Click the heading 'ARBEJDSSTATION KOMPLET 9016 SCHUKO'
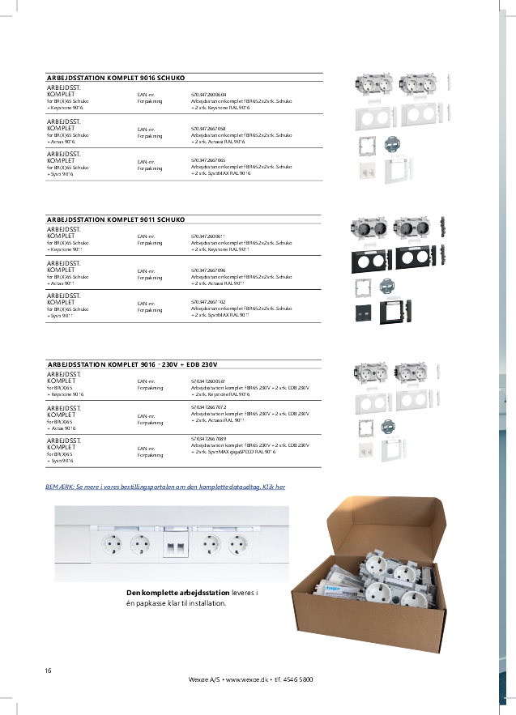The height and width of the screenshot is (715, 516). coord(117,78)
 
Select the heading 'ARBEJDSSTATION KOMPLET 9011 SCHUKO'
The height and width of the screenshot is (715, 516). coord(117,219)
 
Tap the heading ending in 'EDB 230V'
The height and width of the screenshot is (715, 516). coord(133,365)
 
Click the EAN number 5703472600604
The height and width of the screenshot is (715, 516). coord(208,95)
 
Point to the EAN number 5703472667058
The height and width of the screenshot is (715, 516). coord(208,128)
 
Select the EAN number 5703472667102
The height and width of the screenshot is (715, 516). coord(208,302)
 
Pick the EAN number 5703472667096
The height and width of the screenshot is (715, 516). coord(208,270)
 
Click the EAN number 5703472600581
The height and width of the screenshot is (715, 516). coord(208,381)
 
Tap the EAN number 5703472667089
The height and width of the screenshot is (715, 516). coord(208,438)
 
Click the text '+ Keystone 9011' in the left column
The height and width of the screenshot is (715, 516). coord(65,249)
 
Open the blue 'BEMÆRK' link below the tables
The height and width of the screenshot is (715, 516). coord(165,487)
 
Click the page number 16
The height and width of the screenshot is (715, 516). coord(49,670)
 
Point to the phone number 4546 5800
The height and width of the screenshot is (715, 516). coord(298,679)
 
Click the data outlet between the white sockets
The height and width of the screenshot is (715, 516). coord(175,544)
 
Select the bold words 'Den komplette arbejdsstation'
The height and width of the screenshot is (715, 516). coord(173,594)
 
